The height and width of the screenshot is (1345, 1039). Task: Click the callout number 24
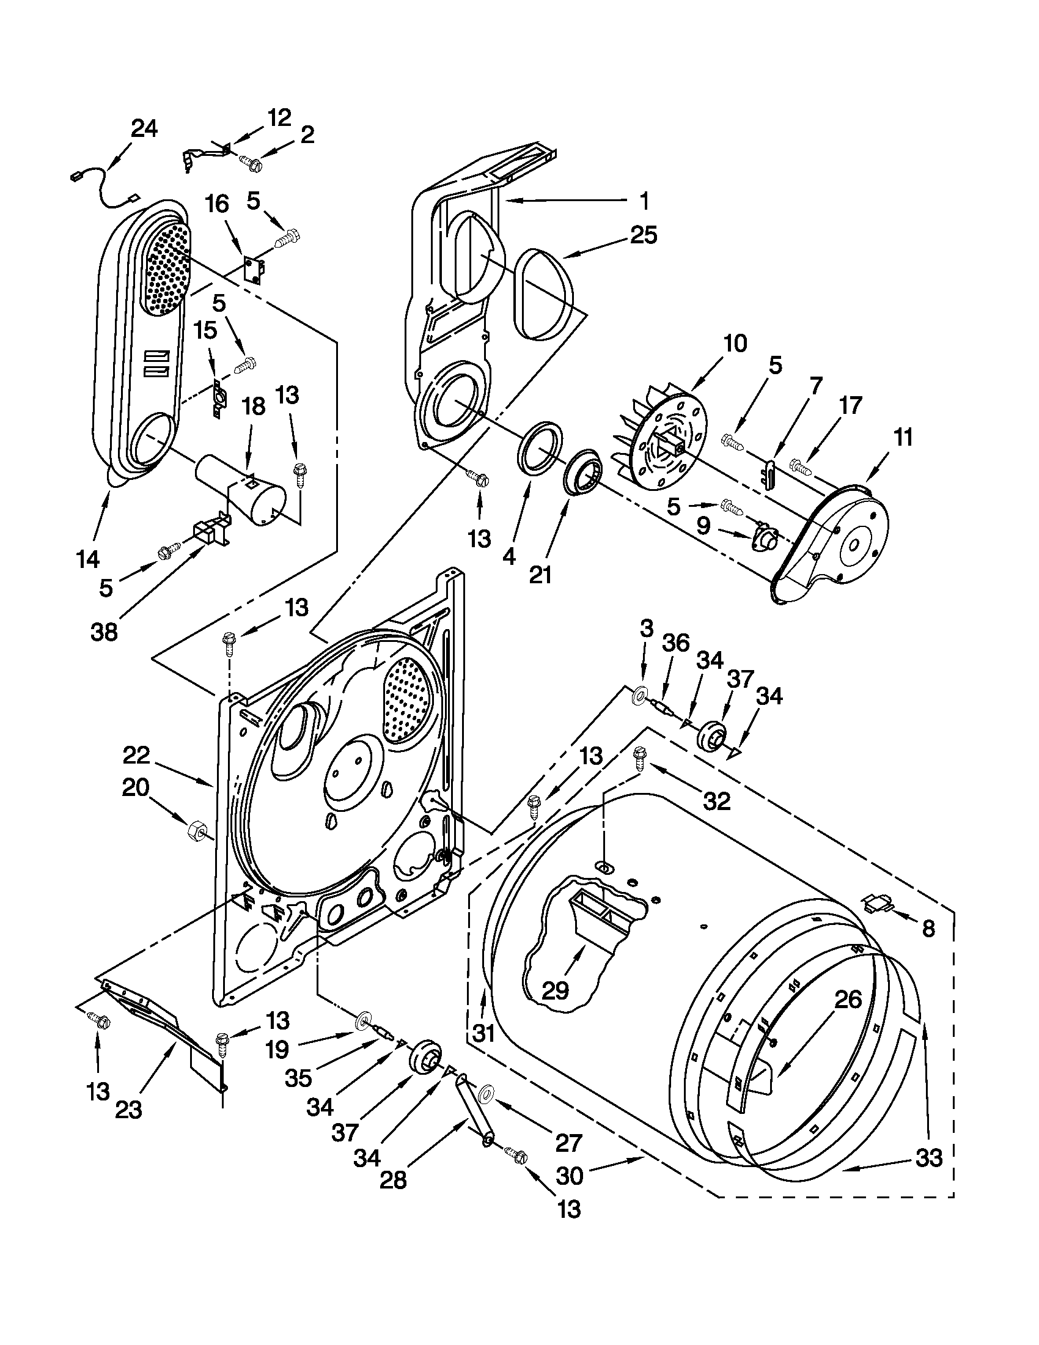click(x=144, y=129)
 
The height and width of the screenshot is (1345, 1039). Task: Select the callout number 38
click(x=104, y=632)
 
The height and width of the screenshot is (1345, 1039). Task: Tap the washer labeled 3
click(x=641, y=695)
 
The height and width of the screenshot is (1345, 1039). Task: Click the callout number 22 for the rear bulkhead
click(x=136, y=755)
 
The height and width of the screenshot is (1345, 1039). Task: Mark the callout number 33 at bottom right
click(x=928, y=1158)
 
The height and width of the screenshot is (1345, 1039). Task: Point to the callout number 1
click(x=644, y=200)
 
